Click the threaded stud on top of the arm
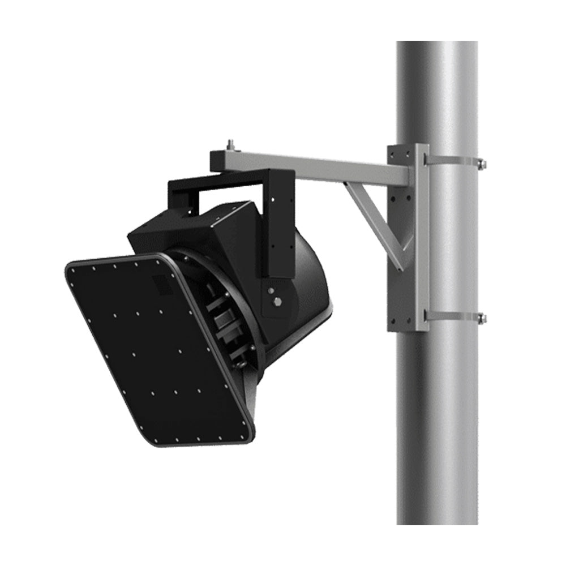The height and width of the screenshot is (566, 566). pos(231,144)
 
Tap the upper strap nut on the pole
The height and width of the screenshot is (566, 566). pos(482,164)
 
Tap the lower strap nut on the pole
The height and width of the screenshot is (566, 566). pos(482,319)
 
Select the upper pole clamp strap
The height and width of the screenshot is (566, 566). pos(453,160)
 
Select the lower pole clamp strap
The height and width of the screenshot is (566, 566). pos(453,315)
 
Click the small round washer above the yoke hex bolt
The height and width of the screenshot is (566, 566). pos(272,290)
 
